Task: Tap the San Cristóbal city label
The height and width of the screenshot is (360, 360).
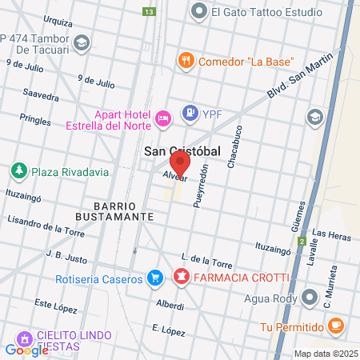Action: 182,150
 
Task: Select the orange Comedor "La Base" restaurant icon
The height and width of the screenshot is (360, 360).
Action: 186,61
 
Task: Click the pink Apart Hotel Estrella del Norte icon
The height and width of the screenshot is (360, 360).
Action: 162,118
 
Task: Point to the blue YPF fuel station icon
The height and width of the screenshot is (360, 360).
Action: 190,113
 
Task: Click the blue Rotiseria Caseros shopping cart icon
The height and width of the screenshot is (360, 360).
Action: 156,278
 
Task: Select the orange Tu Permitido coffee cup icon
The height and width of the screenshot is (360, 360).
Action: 336,326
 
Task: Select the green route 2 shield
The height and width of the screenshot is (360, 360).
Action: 302,240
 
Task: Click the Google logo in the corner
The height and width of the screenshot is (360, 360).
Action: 26,350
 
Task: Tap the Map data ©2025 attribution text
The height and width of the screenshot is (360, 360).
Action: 324,354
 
